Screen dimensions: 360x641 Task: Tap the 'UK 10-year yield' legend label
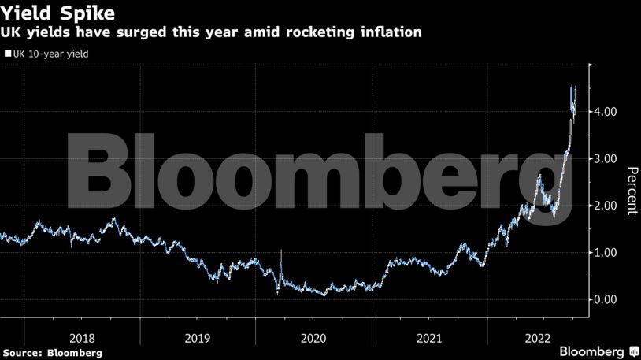50,54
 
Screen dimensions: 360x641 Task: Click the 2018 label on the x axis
82,338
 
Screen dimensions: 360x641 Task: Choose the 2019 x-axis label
198,338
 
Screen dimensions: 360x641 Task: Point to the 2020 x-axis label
313,338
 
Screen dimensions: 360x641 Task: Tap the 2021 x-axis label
429,338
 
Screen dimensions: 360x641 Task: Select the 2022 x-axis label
543,338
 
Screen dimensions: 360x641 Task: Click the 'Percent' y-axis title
631,191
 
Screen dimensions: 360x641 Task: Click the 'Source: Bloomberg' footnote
52,353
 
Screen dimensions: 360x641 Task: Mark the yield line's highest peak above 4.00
572,85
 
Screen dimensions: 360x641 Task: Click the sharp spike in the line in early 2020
281,251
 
